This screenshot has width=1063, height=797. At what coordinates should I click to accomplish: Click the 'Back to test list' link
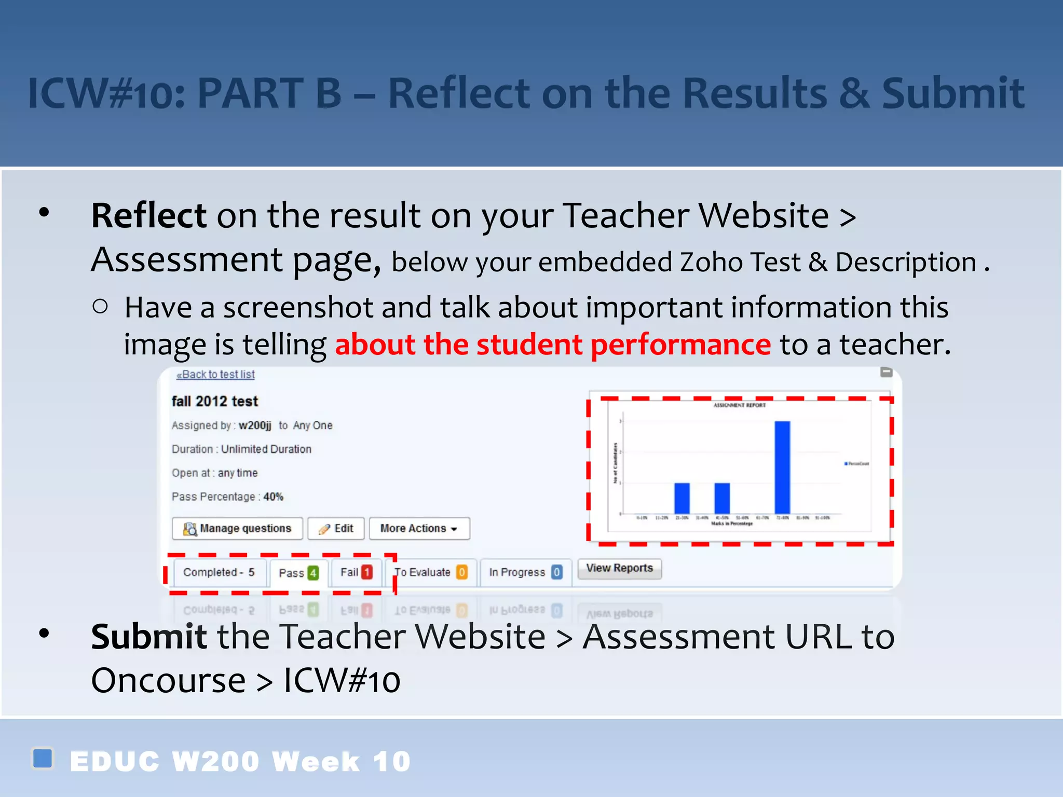click(216, 375)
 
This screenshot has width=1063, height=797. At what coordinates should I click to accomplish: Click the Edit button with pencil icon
click(336, 528)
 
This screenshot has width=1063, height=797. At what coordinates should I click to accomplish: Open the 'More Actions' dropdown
click(419, 528)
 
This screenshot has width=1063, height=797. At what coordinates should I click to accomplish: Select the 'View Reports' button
click(619, 568)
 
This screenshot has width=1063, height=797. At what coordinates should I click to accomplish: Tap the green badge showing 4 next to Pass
click(313, 573)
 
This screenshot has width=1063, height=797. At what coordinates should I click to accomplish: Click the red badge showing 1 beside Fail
click(367, 572)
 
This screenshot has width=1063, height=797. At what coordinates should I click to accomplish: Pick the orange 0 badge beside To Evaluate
click(461, 572)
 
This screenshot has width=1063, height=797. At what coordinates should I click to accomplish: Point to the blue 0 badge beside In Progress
click(556, 572)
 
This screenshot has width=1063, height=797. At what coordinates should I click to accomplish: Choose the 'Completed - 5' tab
click(219, 572)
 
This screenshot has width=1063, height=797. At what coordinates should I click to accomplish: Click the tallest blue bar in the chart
click(782, 467)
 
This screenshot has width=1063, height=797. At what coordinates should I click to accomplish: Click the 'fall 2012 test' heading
click(215, 401)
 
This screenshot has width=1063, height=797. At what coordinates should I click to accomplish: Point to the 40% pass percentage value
click(274, 497)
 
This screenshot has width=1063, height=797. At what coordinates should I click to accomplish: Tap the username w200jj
click(255, 425)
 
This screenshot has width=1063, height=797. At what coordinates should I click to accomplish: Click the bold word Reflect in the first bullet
click(149, 216)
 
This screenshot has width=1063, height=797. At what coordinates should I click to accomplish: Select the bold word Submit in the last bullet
click(149, 637)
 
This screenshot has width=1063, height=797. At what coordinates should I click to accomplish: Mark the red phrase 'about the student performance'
click(553, 345)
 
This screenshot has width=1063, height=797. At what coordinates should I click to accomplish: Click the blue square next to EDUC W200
click(43, 758)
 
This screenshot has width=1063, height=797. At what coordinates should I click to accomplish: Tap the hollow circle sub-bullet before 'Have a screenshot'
click(100, 307)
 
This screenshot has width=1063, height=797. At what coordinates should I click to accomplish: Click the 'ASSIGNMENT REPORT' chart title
click(739, 405)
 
